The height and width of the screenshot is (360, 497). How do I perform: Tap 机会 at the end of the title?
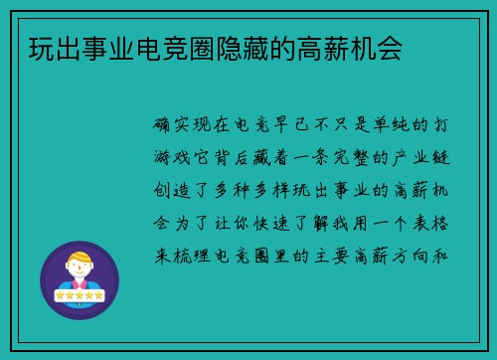(378, 51)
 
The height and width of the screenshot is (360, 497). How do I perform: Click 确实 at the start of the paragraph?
(173, 126)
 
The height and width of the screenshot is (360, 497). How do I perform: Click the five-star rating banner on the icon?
(79, 296)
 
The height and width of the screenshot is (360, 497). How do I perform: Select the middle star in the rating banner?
(79, 296)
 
